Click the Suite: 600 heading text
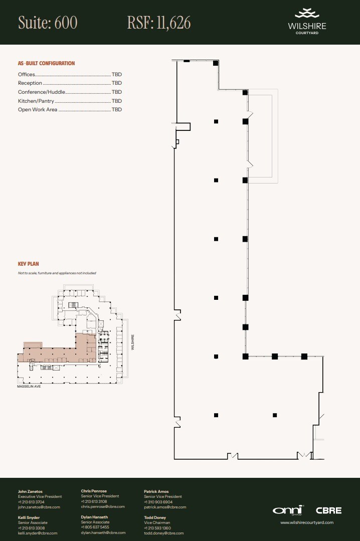pyautogui.click(x=48, y=23)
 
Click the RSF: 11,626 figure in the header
pyautogui.click(x=159, y=23)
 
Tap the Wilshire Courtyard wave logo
pyautogui.click(x=307, y=14)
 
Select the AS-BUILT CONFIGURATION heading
pyautogui.click(x=46, y=64)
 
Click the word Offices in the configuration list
pyautogui.click(x=27, y=74)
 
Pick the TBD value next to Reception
pyautogui.click(x=117, y=83)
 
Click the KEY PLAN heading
pyautogui.click(x=28, y=264)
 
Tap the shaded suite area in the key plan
pyautogui.click(x=60, y=353)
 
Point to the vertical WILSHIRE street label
pyautogui.click(x=133, y=342)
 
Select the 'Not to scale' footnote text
pyautogui.click(x=57, y=273)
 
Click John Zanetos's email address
pyautogui.click(x=39, y=507)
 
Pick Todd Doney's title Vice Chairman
pyautogui.click(x=157, y=522)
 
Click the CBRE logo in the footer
pyautogui.click(x=328, y=510)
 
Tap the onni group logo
pyautogui.click(x=288, y=510)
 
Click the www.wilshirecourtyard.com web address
pyautogui.click(x=306, y=522)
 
